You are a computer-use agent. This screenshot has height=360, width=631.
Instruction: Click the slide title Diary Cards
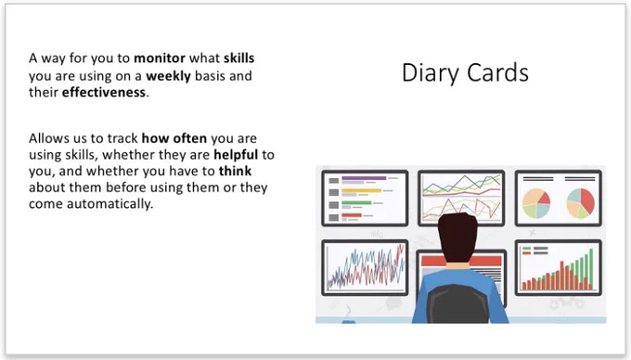(465, 73)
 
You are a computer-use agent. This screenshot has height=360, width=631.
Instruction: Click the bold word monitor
(160, 58)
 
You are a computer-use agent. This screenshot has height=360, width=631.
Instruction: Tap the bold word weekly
(168, 76)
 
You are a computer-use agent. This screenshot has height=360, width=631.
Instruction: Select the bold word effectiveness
(104, 93)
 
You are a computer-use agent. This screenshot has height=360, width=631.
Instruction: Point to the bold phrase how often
(174, 138)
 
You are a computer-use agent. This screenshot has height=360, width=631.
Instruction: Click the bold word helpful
(236, 155)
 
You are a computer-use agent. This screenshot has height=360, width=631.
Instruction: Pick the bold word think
(235, 171)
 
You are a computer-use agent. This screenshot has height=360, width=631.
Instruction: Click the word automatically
(109, 204)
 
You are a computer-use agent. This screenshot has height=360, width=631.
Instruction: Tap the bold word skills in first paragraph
(239, 58)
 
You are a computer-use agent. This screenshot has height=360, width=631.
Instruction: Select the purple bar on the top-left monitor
(364, 178)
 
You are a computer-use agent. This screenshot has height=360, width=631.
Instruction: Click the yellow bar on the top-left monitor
(361, 190)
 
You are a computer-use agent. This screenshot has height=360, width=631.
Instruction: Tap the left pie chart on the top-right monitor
(536, 203)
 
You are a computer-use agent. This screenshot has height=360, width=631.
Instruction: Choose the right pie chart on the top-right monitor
(580, 203)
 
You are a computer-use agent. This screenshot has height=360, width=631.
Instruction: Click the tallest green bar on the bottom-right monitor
(591, 269)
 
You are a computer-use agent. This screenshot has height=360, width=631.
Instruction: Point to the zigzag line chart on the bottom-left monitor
(366, 266)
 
